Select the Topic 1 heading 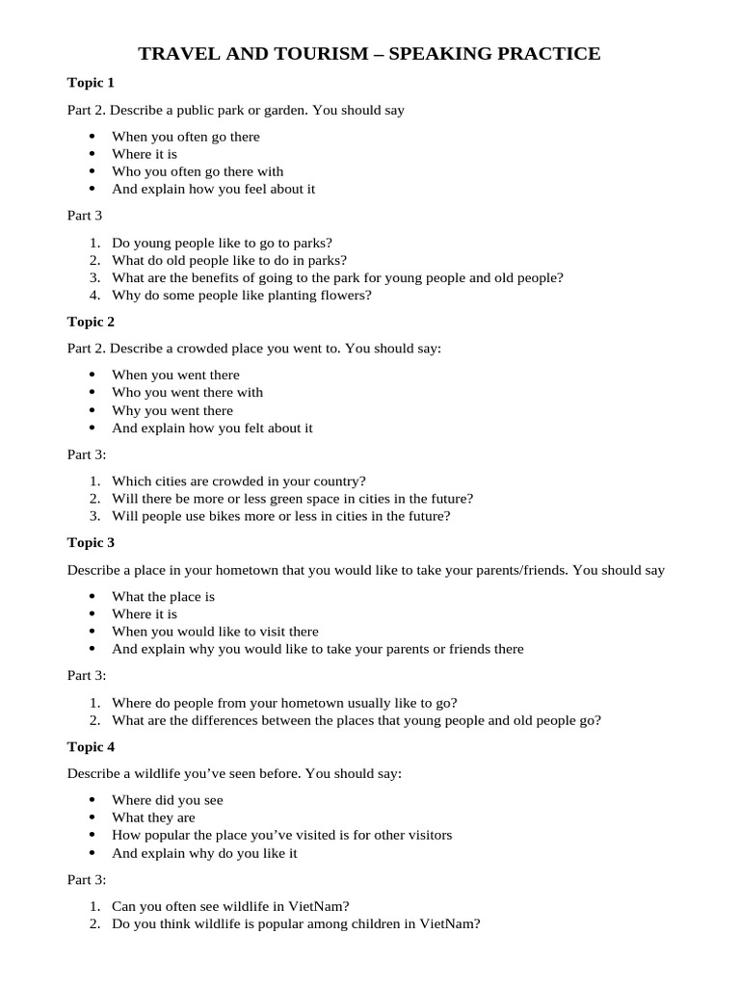pyautogui.click(x=91, y=82)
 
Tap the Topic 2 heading pyautogui.click(x=91, y=321)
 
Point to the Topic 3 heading pyautogui.click(x=91, y=542)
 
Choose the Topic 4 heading pyautogui.click(x=91, y=746)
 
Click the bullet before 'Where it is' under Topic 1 pyautogui.click(x=92, y=154)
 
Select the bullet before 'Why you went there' pyautogui.click(x=92, y=410)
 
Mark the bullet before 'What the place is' pyautogui.click(x=92, y=597)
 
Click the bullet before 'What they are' pyautogui.click(x=92, y=817)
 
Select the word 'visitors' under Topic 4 pyautogui.click(x=427, y=835)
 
